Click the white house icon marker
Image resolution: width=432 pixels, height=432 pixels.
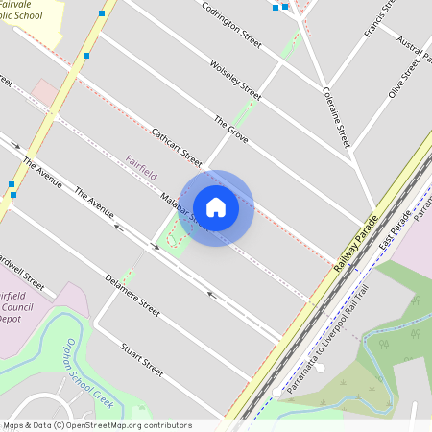point(216,206)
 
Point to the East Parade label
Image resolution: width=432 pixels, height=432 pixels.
point(394,231)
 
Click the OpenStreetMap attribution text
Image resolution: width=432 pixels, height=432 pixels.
point(96,424)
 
